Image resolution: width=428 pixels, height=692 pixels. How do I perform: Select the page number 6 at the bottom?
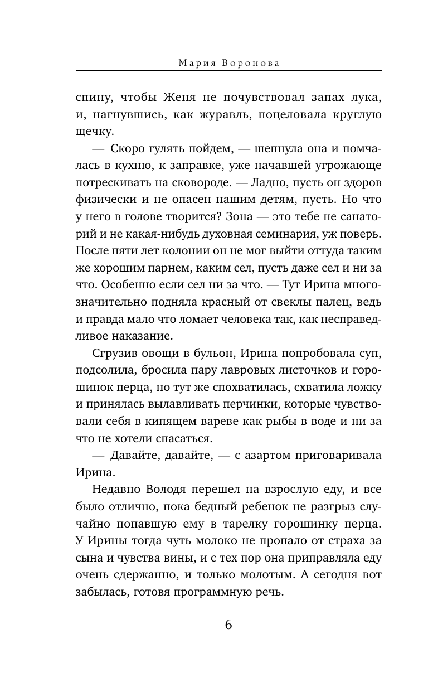click(x=228, y=624)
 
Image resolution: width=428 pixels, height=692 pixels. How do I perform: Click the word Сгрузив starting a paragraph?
click(x=112, y=355)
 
